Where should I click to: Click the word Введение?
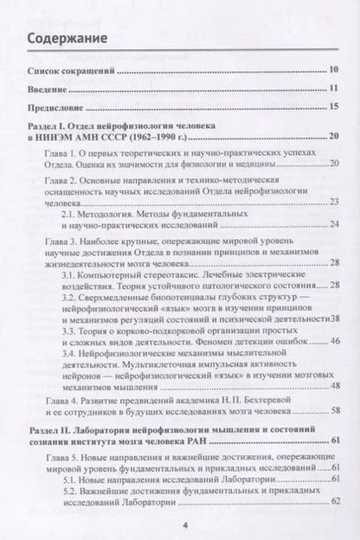point(52,88)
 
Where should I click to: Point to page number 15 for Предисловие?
point(333,107)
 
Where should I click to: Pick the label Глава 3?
point(64,237)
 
